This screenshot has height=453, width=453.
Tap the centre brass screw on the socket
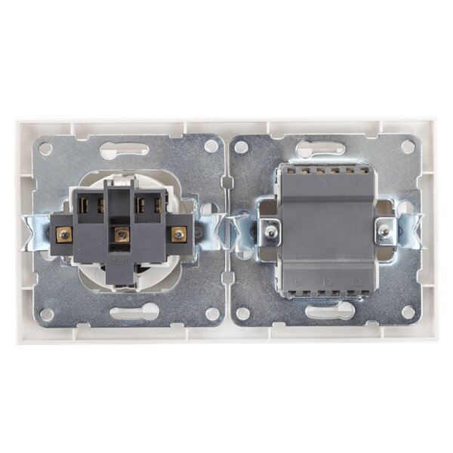tap(118, 236)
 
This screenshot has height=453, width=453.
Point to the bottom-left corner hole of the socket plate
tap(46, 312)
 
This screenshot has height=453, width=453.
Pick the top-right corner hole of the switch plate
tap(408, 149)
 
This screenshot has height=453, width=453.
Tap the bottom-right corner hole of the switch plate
tap(408, 312)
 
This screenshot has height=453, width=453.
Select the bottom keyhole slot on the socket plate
tap(133, 313)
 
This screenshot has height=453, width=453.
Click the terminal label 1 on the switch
tap(300, 181)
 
